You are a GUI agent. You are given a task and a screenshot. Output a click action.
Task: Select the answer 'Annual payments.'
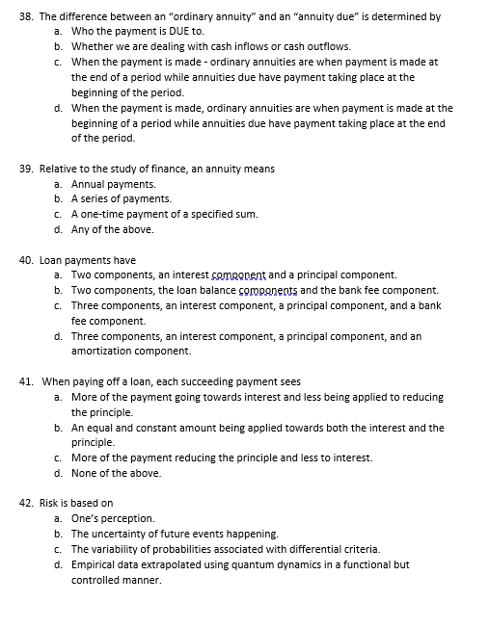114,184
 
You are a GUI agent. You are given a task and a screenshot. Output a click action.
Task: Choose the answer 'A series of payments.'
121,198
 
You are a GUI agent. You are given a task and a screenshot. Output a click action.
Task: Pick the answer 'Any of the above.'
112,229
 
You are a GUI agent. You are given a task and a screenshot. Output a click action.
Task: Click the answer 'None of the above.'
116,473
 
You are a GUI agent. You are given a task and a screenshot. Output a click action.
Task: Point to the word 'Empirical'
95,564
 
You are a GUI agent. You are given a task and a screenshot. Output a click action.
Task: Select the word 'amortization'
102,351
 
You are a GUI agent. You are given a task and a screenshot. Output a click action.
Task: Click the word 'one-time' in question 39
102,214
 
